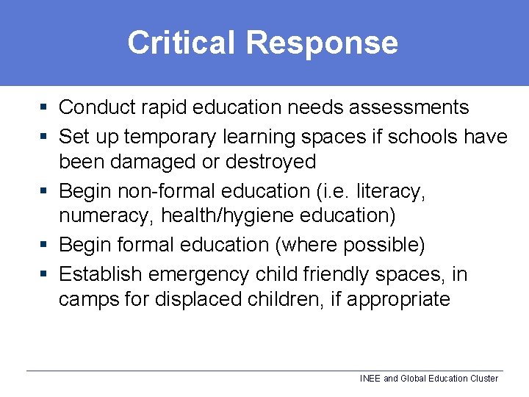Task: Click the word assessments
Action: click(409, 107)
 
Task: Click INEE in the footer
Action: click(370, 379)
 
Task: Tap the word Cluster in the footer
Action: click(482, 379)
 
